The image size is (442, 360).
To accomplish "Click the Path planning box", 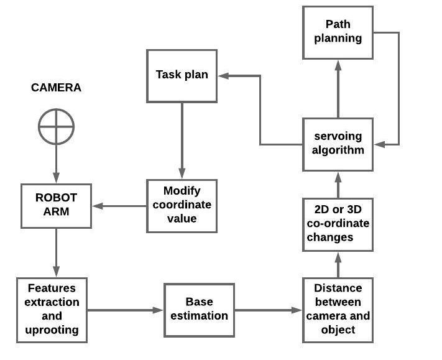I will point(338,32).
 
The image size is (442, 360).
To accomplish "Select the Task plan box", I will point(182,76).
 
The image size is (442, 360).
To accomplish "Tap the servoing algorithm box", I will point(338,144).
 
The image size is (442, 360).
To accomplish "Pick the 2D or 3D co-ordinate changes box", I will point(338,224).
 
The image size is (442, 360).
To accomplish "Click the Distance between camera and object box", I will point(338,310).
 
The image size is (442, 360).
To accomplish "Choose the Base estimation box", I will point(199,310).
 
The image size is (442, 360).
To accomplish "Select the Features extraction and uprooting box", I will point(52,310).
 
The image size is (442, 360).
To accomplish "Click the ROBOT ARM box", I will point(56,205).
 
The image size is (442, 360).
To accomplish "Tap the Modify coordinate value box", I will point(182,205).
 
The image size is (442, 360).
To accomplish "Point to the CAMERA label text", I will point(56,88).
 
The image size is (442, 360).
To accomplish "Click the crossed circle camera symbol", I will point(56,127).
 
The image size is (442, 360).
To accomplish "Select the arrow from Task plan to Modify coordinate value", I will point(182,141).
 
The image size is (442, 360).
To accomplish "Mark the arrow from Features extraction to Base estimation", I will point(124,310).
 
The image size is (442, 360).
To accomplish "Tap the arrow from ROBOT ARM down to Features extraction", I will point(56,252).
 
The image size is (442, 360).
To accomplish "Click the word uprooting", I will point(52,330).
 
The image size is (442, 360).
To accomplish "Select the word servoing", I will point(338,137).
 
